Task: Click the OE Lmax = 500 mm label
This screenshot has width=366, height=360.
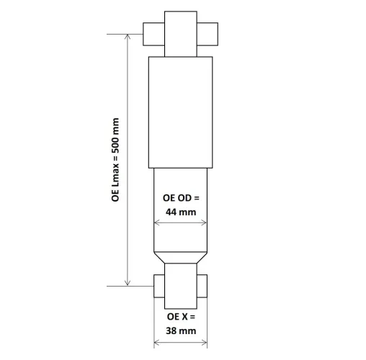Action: (x=115, y=160)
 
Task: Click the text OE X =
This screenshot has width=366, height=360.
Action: (x=181, y=316)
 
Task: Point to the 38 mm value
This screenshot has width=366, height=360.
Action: (x=181, y=330)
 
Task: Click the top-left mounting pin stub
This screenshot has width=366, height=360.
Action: (x=154, y=34)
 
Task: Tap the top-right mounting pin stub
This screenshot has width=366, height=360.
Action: (x=207, y=34)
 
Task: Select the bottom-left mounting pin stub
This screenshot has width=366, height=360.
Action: (x=159, y=285)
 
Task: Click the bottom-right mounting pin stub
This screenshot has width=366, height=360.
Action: (x=203, y=285)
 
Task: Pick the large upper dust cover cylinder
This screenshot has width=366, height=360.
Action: (x=181, y=112)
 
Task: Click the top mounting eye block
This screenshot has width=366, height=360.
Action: (x=181, y=34)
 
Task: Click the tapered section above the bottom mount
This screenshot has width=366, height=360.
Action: (x=181, y=257)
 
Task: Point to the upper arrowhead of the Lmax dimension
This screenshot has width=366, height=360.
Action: (x=128, y=38)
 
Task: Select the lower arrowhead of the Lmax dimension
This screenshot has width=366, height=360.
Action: (x=128, y=282)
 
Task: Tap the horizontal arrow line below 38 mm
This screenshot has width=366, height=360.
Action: (x=181, y=343)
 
